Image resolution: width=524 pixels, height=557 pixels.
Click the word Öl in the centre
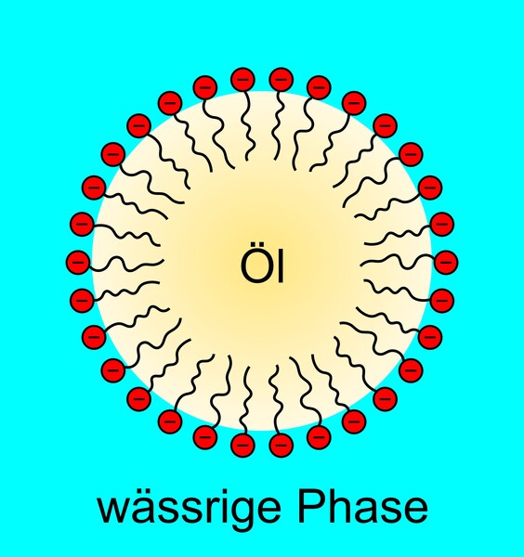pyautogui.click(x=262, y=262)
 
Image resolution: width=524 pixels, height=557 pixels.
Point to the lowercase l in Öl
pyautogui.click(x=282, y=264)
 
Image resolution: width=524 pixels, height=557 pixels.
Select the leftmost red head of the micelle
pyautogui.click(x=78, y=262)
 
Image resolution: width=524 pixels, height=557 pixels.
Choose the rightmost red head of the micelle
pyautogui.click(x=446, y=262)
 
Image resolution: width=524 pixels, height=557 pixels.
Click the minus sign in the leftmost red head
pyautogui.click(x=78, y=262)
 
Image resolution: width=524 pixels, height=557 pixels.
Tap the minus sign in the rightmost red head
pyautogui.click(x=446, y=262)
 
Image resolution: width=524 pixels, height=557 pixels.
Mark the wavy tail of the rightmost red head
pyautogui.click(x=398, y=261)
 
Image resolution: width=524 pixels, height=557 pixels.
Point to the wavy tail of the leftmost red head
pyautogui.click(x=126, y=264)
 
